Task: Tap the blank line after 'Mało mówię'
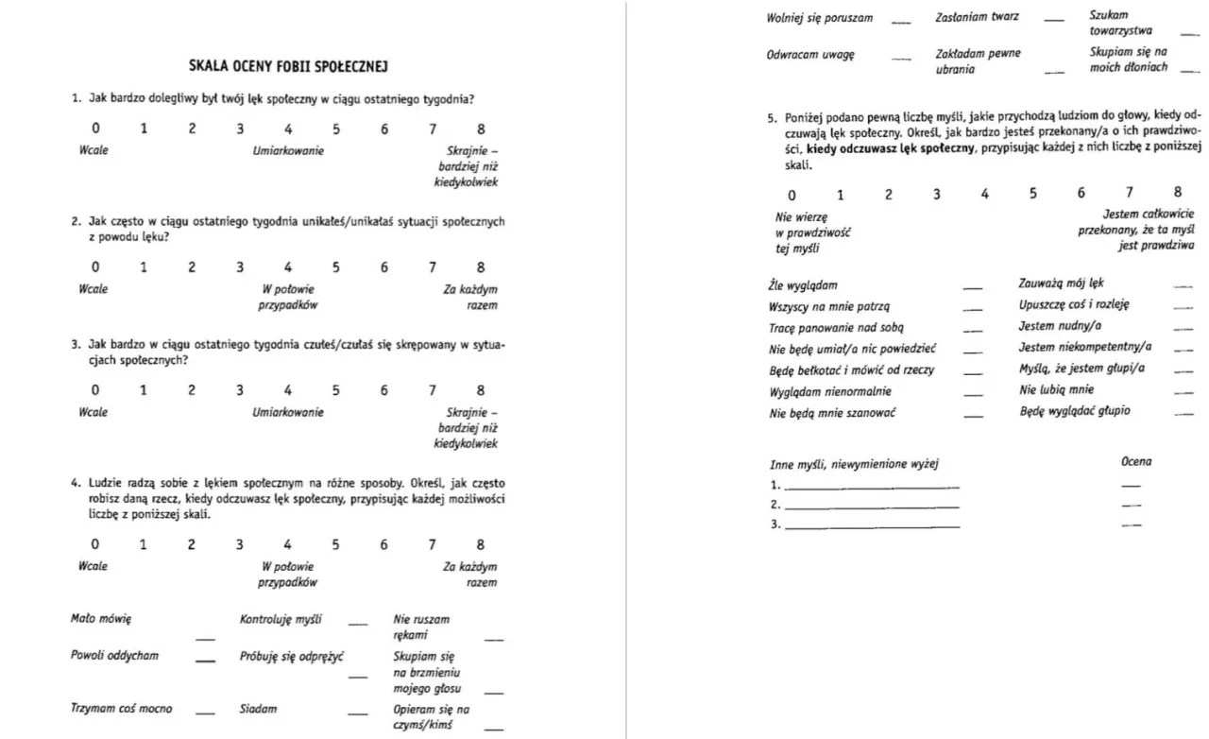pyautogui.click(x=205, y=640)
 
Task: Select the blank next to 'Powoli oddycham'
pyautogui.click(x=205, y=661)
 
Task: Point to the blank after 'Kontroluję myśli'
pyautogui.click(x=357, y=624)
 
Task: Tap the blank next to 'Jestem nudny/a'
pyautogui.click(x=1182, y=329)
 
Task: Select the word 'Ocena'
pyautogui.click(x=1135, y=462)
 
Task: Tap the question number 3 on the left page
pyautogui.click(x=76, y=345)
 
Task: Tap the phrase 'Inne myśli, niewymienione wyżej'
pyautogui.click(x=854, y=463)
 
